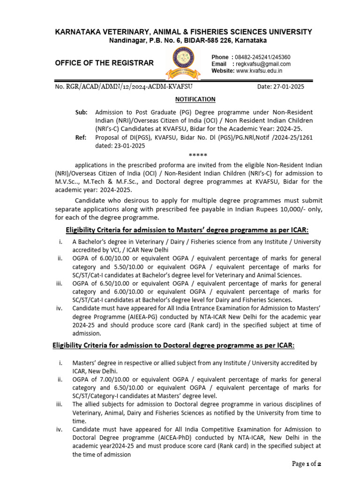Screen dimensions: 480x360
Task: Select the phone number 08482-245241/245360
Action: click(262, 57)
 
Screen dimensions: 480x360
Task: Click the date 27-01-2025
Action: click(281, 87)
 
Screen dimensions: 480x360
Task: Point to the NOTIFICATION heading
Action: click(195, 99)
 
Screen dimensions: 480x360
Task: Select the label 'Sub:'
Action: click(81, 112)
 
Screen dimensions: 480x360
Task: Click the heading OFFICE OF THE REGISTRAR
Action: click(104, 63)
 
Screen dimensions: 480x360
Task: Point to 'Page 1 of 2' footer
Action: click(306, 464)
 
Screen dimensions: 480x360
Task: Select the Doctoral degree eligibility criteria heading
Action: click(172, 345)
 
